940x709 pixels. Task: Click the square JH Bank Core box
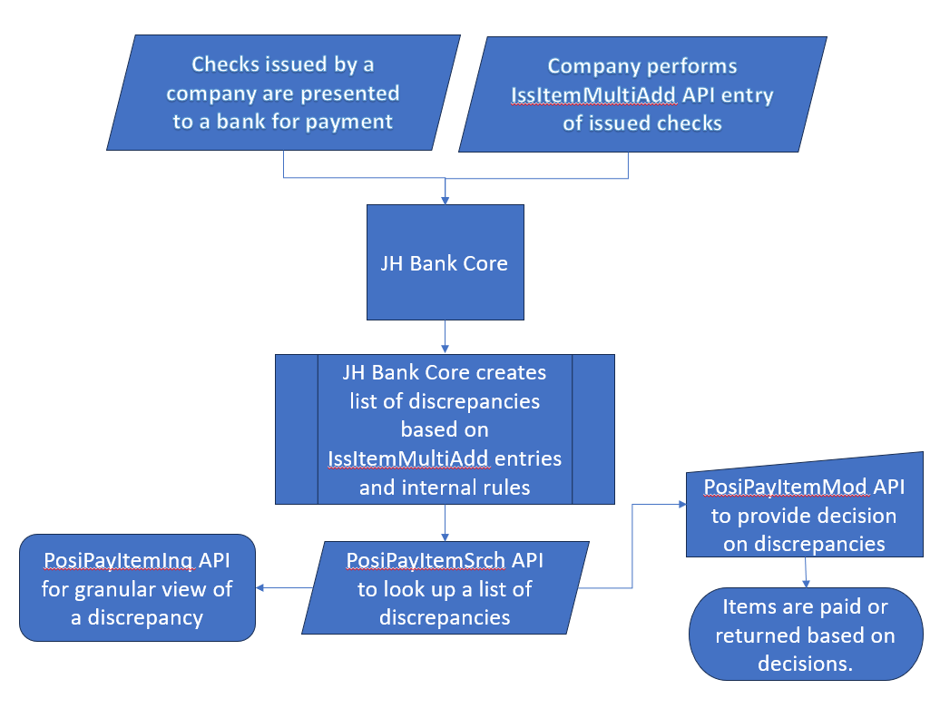pos(445,263)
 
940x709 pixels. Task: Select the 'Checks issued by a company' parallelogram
pos(281,93)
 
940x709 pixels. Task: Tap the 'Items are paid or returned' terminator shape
pos(805,635)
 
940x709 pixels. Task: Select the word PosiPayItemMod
pos(787,487)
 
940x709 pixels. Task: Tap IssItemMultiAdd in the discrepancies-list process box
pos(408,458)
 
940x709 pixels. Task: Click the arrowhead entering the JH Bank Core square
pos(445,198)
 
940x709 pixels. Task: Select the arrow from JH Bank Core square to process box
pos(445,337)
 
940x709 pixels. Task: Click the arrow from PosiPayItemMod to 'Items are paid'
pos(806,573)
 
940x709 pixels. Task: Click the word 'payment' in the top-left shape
pos(349,122)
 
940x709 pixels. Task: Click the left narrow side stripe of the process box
pos(297,428)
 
